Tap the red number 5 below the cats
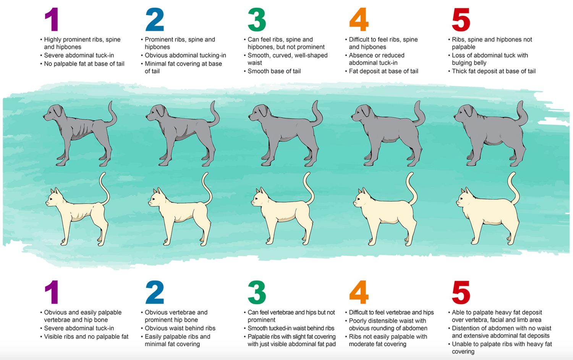461,292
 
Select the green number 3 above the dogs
257,19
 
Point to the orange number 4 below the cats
359,292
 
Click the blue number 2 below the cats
155,292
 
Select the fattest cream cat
488,209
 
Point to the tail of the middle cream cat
309,188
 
